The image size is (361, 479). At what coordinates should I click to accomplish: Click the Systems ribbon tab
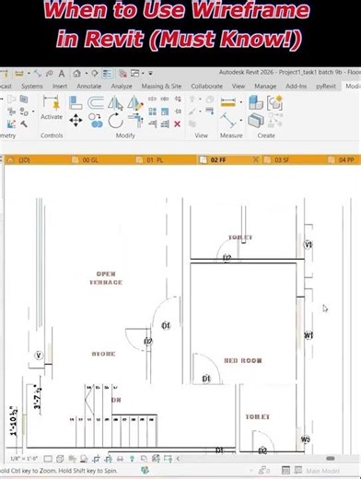click(x=31, y=86)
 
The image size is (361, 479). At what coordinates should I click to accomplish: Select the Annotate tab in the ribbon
click(x=89, y=86)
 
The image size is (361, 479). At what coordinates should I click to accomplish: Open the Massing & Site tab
click(x=161, y=86)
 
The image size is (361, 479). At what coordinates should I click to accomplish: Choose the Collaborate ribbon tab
click(x=206, y=86)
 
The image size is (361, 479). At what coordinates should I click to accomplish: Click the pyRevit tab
click(x=324, y=86)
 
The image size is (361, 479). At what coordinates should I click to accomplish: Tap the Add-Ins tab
click(x=297, y=86)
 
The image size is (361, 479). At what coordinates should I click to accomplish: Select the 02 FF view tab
click(x=218, y=159)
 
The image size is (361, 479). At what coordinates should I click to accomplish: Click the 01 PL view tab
click(x=155, y=159)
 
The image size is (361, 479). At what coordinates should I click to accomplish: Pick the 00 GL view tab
click(x=90, y=159)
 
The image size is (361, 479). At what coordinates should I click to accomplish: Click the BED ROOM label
click(x=244, y=360)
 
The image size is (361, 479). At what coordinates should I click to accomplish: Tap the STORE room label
click(x=104, y=354)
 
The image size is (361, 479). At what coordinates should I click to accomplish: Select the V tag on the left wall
click(x=39, y=355)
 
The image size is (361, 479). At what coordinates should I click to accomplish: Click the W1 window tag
click(x=309, y=334)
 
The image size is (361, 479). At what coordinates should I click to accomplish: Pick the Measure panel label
click(x=231, y=135)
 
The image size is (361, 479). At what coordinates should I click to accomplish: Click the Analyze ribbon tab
click(x=122, y=86)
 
